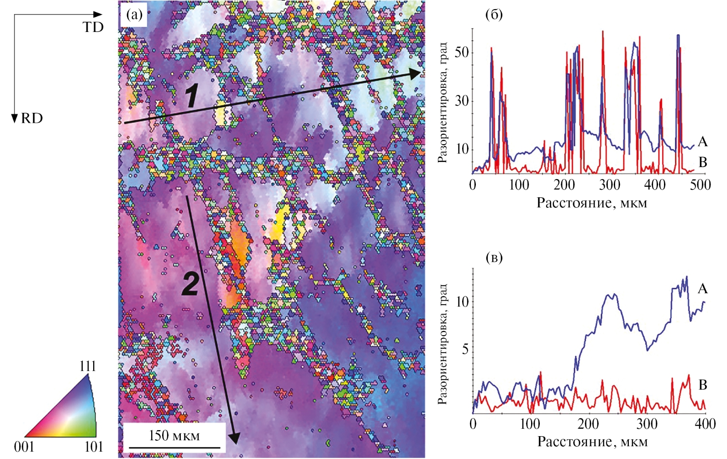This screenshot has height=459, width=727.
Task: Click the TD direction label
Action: (93, 27)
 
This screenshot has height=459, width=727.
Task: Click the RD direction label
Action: (32, 118)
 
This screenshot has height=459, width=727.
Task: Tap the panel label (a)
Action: (134, 15)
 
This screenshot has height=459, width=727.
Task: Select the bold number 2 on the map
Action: (190, 284)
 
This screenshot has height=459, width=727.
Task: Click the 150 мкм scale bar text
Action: (174, 435)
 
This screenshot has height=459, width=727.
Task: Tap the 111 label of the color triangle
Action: (87, 366)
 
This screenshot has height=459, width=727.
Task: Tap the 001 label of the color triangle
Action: (24, 446)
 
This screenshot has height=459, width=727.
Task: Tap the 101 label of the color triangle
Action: (94, 446)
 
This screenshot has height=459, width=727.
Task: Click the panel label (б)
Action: (494, 15)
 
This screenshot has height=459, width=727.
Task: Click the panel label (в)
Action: (494, 259)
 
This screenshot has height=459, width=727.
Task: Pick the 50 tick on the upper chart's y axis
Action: (462, 53)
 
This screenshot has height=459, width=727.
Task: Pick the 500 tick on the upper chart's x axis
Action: (700, 185)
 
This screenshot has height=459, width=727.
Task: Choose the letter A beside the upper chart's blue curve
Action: (703, 142)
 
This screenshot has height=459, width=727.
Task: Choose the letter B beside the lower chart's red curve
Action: (703, 385)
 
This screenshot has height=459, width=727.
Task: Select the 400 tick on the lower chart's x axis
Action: (705, 424)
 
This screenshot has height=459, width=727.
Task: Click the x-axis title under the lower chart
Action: (592, 442)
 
